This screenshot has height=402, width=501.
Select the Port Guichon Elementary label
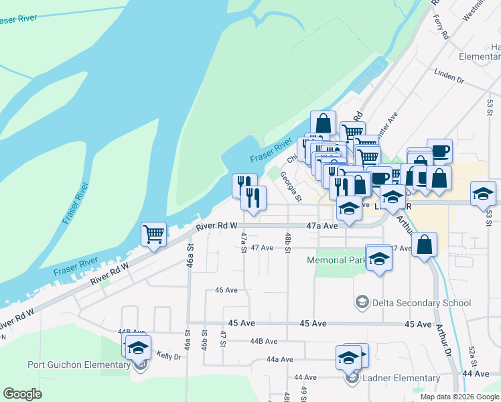tap(78, 365)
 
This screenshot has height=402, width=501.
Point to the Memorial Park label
tap(336, 260)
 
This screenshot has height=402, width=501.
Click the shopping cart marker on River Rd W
tap(153, 235)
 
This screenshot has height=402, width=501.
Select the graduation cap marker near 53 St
tap(483, 193)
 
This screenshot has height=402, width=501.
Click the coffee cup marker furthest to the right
tap(439, 151)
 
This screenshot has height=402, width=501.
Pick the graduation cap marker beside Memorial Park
tap(379, 257)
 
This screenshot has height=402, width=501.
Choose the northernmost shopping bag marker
tap(323, 123)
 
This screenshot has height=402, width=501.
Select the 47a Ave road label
tap(322, 226)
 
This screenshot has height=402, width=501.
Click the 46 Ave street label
tap(226, 290)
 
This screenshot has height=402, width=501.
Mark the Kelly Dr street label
tap(168, 356)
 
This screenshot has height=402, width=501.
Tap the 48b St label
tap(287, 239)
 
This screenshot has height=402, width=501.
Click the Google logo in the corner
tap(22, 394)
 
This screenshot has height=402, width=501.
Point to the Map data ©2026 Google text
tap(459, 397)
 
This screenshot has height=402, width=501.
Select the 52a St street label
tap(472, 353)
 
